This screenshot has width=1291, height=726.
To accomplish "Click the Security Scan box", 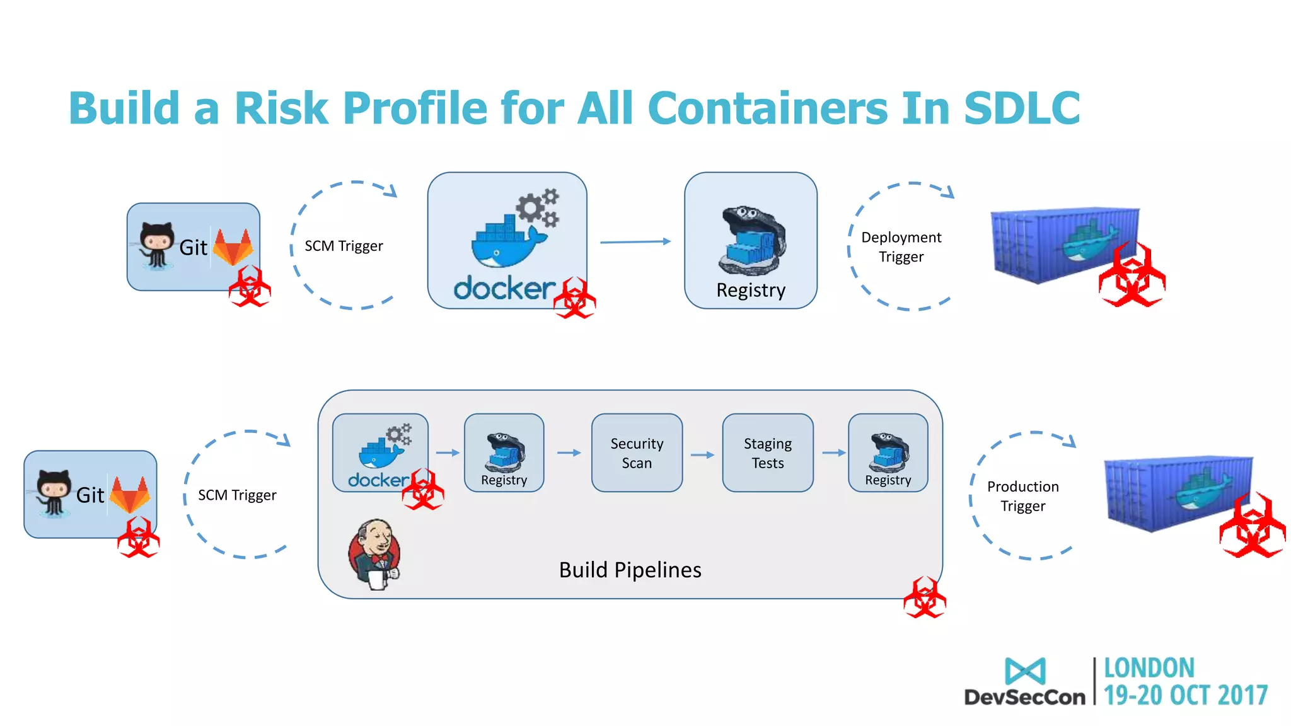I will point(637,452).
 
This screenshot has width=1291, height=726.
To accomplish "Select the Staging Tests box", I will point(767,452).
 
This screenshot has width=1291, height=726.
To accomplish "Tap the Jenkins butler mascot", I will point(374,554).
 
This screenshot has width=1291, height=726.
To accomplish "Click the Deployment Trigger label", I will point(901,246).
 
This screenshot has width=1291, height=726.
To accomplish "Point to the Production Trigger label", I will point(1022,496).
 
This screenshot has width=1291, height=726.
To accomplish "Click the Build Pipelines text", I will point(630,570).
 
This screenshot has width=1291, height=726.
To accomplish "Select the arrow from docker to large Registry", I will point(635,241).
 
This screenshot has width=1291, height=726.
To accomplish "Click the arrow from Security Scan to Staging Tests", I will point(702,454).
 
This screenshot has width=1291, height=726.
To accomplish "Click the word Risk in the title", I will point(281,108).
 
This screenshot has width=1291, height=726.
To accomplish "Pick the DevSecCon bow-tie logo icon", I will point(1025,671).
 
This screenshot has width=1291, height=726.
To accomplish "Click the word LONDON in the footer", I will point(1149,668).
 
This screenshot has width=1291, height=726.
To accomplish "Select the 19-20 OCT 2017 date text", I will point(1185,696).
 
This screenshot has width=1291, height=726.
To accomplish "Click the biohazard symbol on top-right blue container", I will point(1132,277).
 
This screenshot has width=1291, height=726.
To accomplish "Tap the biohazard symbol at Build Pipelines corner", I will point(924,597).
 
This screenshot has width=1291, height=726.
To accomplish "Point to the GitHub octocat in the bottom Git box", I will point(53,491).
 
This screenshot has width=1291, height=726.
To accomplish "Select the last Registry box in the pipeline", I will point(888,452).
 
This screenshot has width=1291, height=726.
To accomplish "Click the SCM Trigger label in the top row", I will point(344,246).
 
